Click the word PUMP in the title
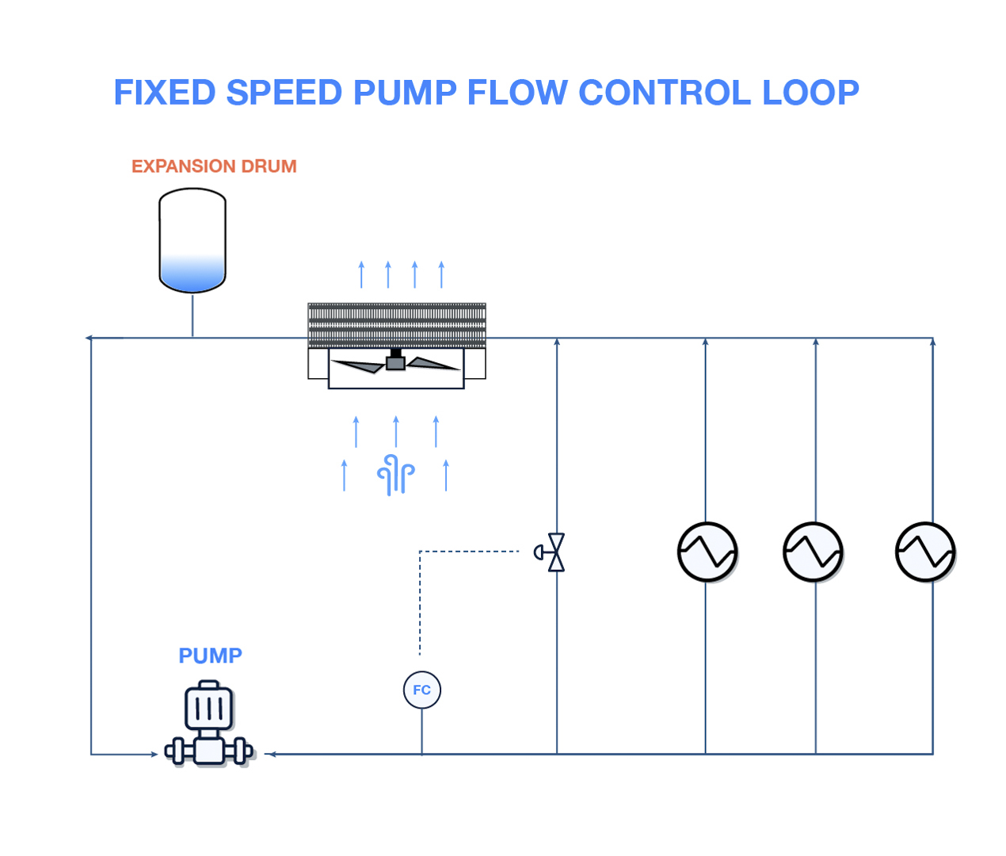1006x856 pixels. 405,93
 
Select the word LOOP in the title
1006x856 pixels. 810,93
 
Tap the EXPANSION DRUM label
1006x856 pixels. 214,166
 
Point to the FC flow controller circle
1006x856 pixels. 422,690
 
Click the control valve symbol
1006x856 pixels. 554,552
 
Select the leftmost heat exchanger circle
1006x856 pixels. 707,552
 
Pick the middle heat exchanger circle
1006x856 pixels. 813,552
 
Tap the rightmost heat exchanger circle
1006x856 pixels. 925,552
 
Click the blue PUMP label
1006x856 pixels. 210,656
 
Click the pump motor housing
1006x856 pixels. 209,707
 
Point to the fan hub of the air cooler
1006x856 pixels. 395,362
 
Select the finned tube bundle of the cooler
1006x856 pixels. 397,325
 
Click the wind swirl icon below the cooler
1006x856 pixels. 396,475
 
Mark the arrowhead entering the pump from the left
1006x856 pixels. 154,754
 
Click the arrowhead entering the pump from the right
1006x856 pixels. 270,754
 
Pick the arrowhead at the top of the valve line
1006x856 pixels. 557,342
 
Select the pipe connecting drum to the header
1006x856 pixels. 192,315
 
